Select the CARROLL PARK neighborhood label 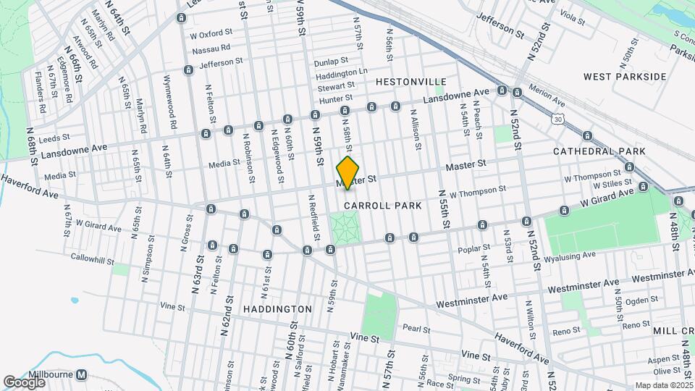click(383, 206)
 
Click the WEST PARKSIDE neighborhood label click(624, 76)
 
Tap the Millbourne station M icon click(82, 375)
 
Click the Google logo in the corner click(24, 382)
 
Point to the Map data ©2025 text click(664, 385)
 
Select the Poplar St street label click(474, 248)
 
